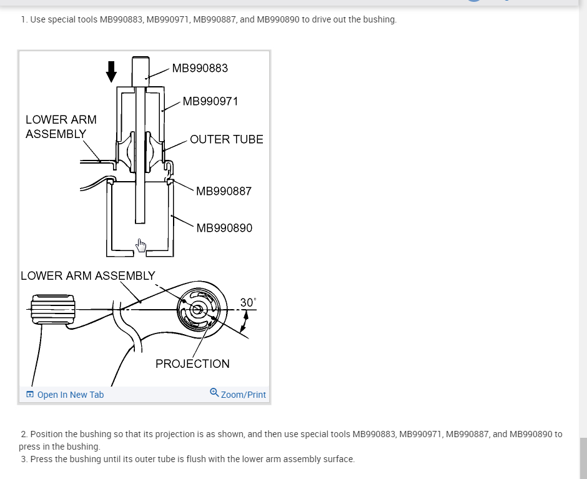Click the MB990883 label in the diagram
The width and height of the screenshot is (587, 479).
click(200, 68)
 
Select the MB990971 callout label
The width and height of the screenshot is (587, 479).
click(210, 101)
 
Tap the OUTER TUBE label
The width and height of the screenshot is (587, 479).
click(226, 139)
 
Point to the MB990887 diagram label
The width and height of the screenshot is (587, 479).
click(224, 191)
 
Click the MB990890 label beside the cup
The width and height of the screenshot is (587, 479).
click(224, 228)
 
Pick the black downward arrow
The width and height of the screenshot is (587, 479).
click(111, 71)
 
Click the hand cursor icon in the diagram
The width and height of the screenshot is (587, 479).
click(141, 245)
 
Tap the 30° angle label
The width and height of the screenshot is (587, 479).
click(247, 303)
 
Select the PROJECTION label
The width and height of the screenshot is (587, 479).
click(192, 363)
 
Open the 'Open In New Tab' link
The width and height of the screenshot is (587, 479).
click(71, 395)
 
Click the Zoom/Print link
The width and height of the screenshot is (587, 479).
click(243, 395)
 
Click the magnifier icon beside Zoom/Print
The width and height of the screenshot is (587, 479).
click(214, 393)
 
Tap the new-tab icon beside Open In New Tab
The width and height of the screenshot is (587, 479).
click(30, 395)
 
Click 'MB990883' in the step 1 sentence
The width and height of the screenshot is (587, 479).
click(122, 19)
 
